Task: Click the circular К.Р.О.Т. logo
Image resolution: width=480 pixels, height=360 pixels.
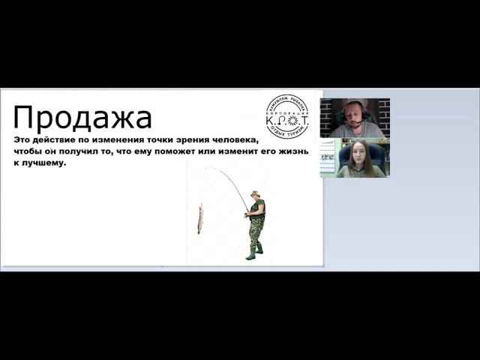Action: coord(287,116)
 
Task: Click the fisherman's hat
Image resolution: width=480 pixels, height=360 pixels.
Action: coord(255,193)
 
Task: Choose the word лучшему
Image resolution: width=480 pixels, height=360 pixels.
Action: coord(45,164)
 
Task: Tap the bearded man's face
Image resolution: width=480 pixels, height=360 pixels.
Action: coord(353,112)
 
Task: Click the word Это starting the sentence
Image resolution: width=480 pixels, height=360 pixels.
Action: coord(24,141)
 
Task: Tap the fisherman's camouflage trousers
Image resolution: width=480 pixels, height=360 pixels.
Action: coord(255,228)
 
